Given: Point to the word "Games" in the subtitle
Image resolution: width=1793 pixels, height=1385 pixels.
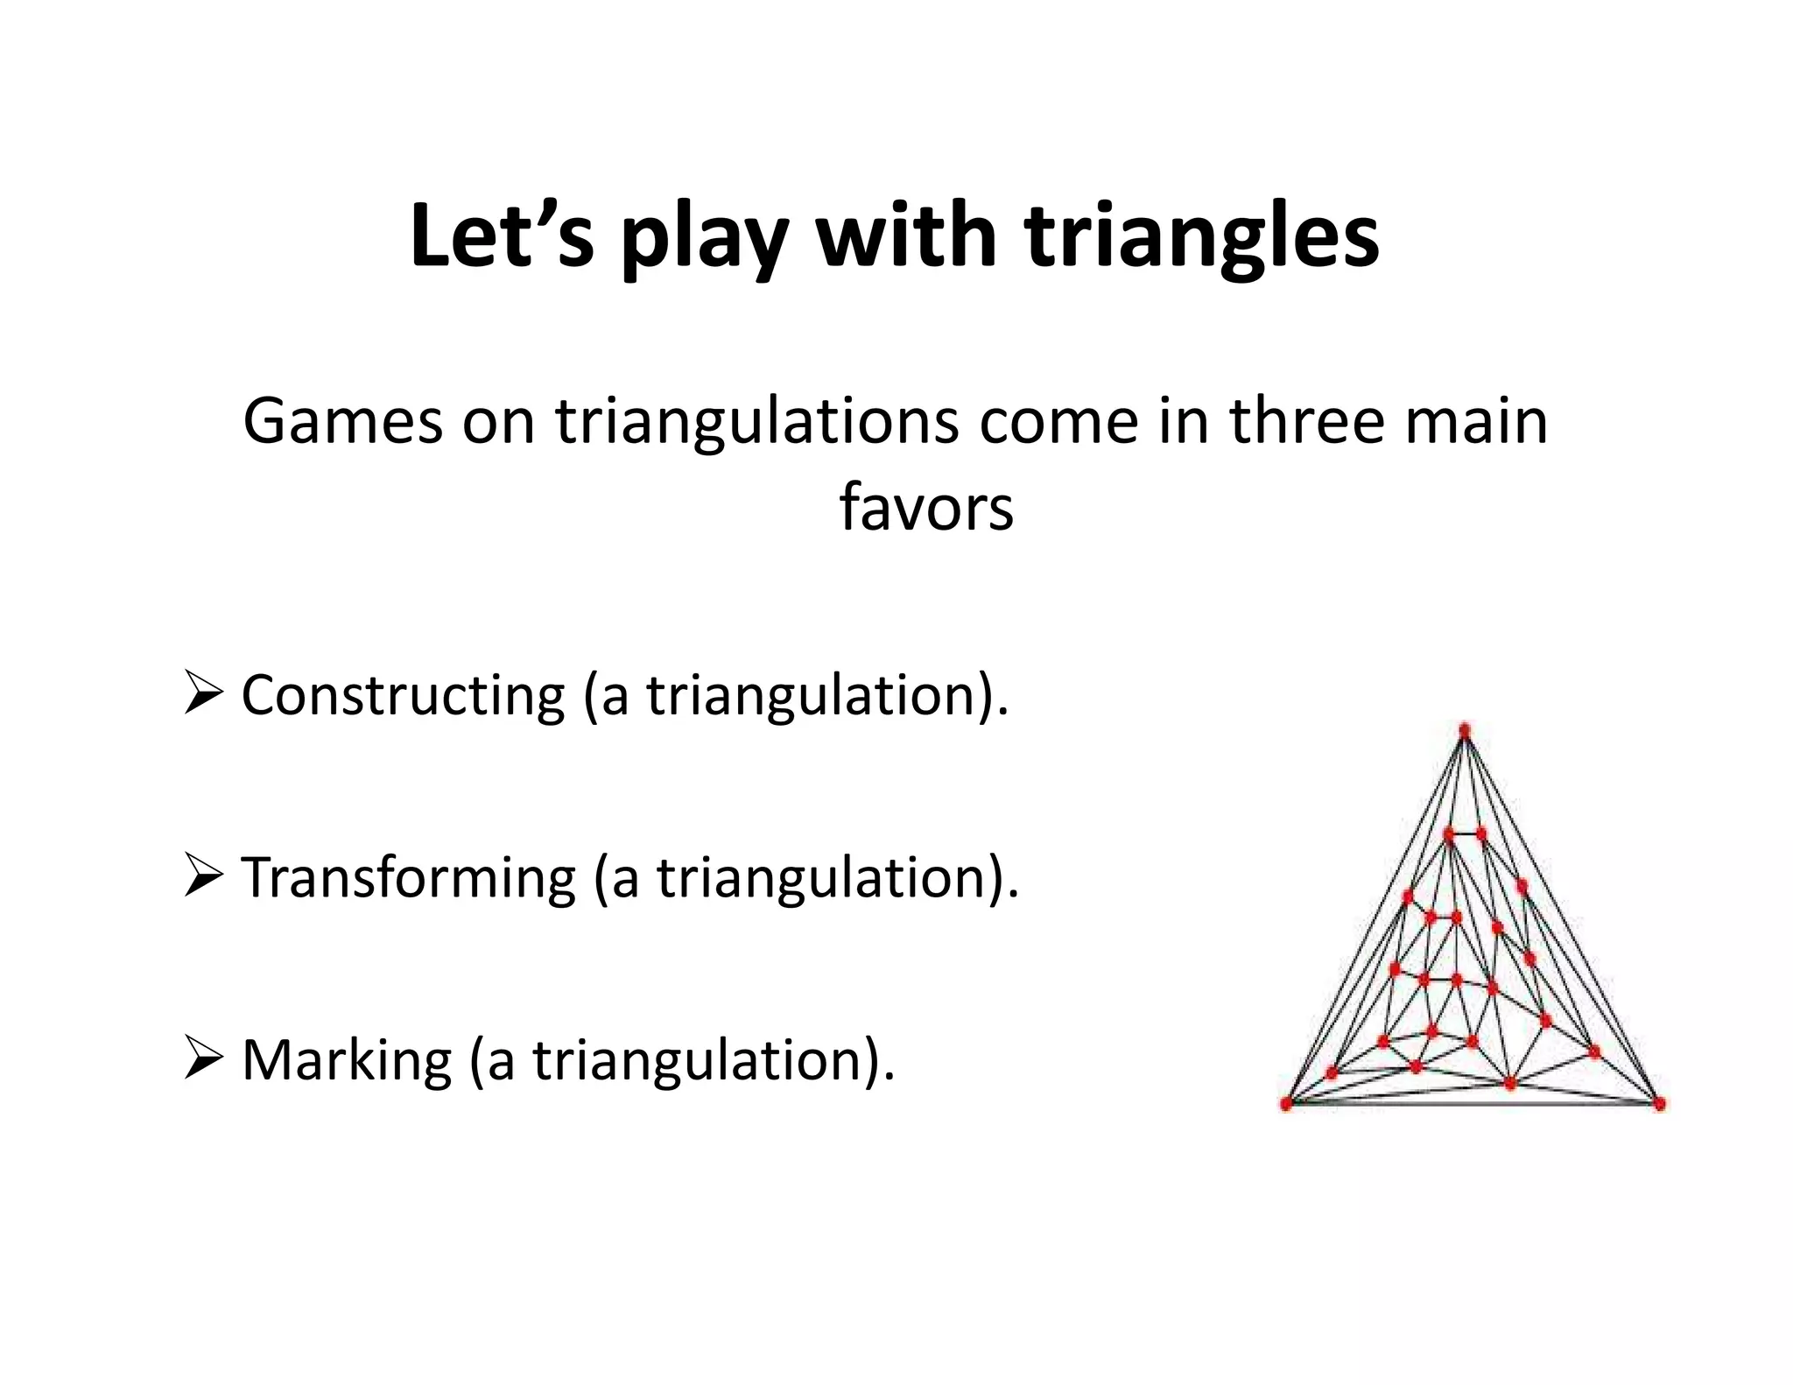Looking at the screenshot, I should [343, 422].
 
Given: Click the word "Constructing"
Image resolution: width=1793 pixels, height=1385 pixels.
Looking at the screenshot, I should [403, 697].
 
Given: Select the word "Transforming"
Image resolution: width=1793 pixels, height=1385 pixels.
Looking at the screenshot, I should [408, 878].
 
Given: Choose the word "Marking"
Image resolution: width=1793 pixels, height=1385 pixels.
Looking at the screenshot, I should [347, 1061].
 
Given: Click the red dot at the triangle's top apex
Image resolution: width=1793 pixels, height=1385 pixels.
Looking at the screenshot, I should [1465, 730].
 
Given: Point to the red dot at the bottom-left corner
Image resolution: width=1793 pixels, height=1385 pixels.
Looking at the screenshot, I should [1286, 1104].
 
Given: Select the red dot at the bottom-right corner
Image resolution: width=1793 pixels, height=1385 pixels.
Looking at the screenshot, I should [1659, 1104].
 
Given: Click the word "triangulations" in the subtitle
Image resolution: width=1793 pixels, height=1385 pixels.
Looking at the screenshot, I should [757, 422].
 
